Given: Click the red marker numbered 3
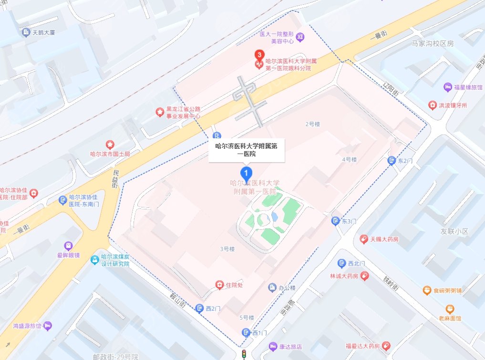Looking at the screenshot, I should coord(258,55).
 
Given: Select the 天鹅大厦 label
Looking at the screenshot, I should coord(46,32).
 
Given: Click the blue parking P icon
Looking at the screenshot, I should coord(217,135).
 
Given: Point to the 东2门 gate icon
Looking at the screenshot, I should coord(392,161).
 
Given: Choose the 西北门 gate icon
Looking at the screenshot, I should coord(341,263).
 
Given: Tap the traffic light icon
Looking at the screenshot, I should coord(244,354).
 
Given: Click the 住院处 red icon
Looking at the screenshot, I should coord(219,285).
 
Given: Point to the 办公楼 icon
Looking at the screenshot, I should coord(272,287).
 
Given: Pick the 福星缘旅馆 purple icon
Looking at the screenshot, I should coord(447,87).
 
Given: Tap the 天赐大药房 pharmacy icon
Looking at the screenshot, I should coord(364,238).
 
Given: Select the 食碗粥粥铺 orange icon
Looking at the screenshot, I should coord(427,290).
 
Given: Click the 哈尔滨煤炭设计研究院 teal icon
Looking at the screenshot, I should coord(95,260).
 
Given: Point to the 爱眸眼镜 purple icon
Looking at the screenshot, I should coord(70,245).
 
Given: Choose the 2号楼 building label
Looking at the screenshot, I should coord(312,124).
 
